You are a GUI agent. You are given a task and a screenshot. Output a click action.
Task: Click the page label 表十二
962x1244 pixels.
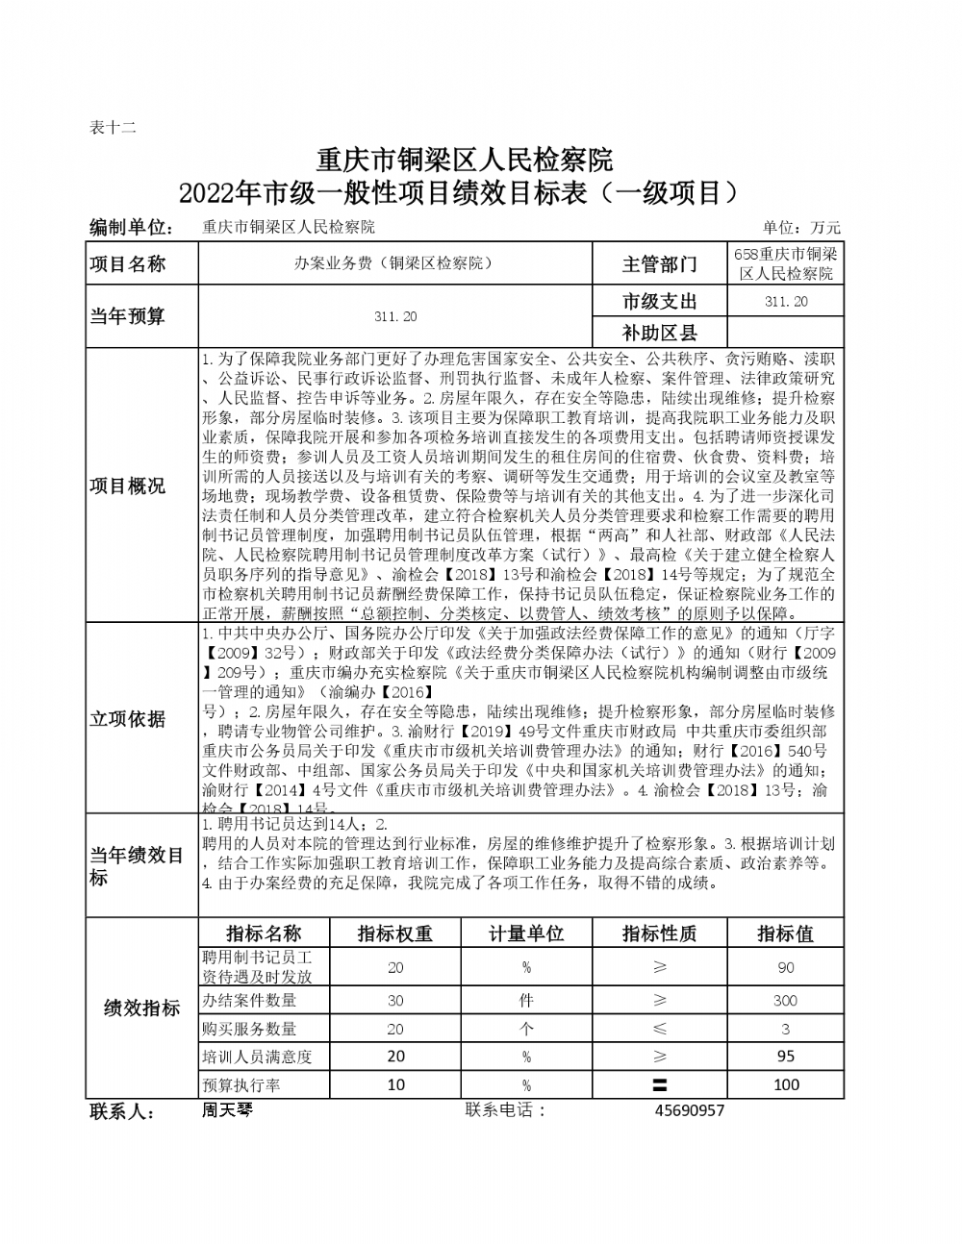[113, 128]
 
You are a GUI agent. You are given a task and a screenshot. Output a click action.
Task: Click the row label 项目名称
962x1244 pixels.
[128, 264]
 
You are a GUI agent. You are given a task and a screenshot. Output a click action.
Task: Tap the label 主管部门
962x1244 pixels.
[659, 264]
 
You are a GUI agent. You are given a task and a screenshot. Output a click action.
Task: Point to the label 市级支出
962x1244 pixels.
[659, 302]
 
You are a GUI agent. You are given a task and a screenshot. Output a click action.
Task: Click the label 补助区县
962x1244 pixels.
[659, 333]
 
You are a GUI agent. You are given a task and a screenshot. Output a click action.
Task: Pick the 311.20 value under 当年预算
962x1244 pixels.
[395, 316]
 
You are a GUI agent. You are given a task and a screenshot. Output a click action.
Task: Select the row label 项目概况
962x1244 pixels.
[128, 485]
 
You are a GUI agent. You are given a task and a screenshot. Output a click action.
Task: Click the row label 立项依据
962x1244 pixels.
[128, 719]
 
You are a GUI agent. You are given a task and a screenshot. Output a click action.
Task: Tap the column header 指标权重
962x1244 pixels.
[394, 933]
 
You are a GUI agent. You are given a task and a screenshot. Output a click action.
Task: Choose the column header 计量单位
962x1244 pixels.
[526, 933]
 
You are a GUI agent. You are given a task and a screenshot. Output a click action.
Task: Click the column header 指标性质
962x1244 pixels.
[659, 933]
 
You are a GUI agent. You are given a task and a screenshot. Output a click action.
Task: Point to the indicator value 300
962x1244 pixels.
[785, 1001]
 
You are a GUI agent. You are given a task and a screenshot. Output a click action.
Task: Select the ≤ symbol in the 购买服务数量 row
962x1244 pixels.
[660, 1029]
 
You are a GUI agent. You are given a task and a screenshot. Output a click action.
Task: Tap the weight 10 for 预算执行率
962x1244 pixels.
[395, 1084]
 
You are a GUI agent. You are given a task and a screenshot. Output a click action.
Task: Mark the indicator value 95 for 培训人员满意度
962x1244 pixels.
[785, 1057]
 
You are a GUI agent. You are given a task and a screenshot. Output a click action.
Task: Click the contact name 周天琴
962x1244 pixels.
[227, 1110]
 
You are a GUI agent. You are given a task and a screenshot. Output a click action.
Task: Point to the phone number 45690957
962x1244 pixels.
[689, 1110]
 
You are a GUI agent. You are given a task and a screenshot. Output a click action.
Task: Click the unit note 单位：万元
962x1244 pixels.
[801, 228]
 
